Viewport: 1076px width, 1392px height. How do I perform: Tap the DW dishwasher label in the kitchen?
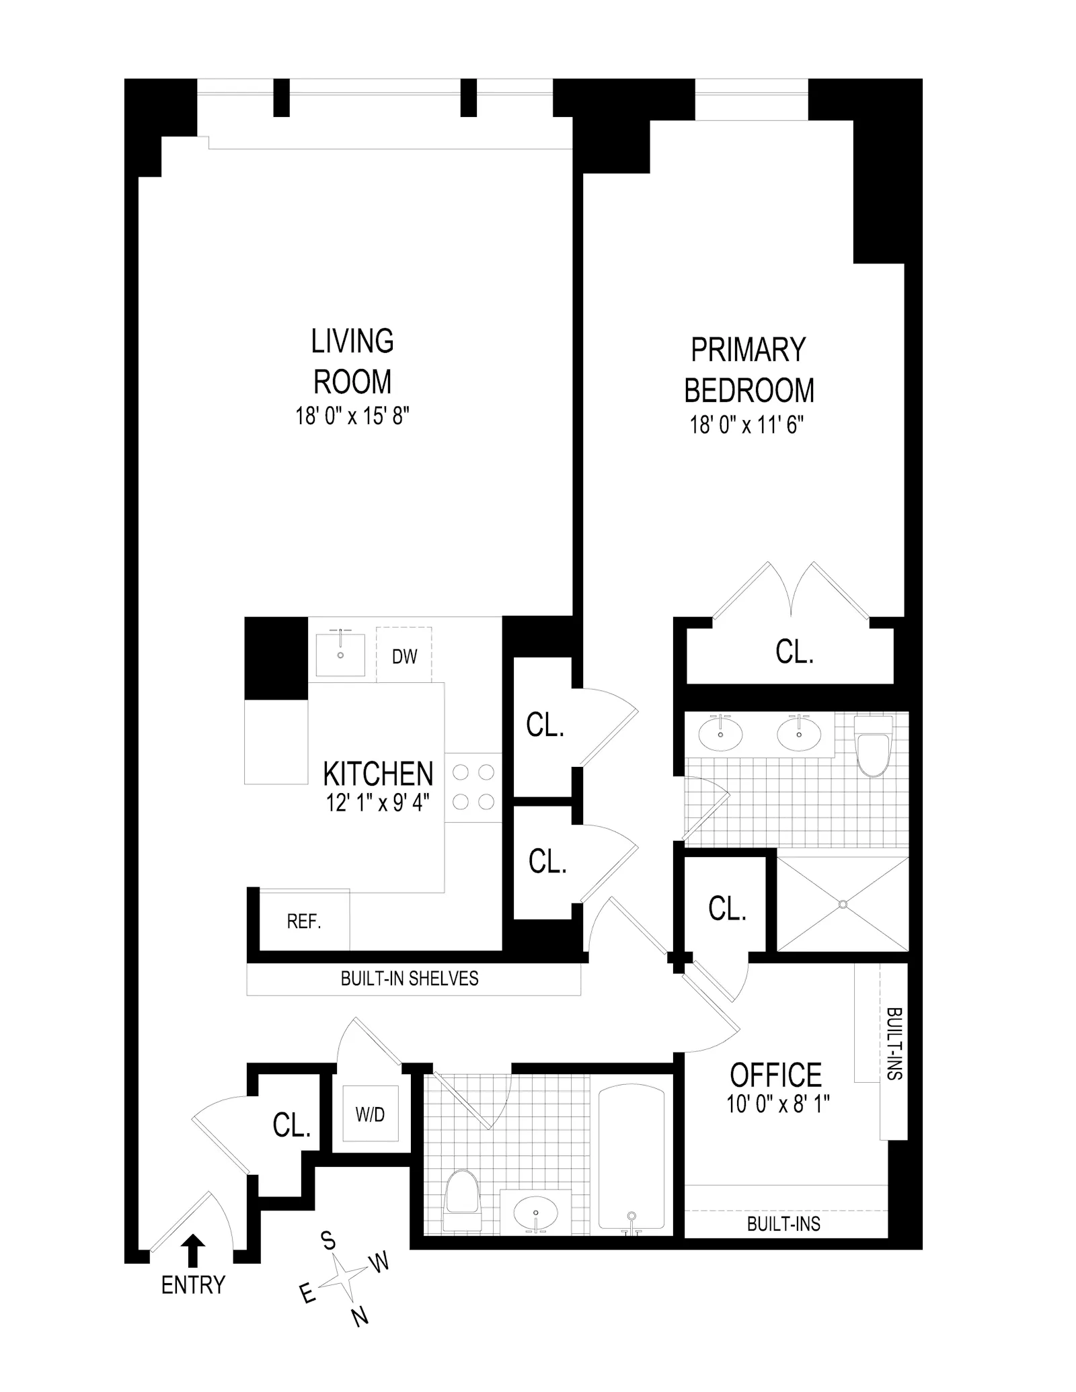pos(404,657)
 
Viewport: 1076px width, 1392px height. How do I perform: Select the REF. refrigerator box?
pos(304,921)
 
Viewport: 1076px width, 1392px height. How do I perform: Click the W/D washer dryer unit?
pos(370,1114)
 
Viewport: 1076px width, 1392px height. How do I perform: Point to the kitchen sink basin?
pos(340,654)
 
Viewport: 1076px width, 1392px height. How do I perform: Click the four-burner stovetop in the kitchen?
pos(473,787)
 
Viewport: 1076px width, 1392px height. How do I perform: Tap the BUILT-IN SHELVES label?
pos(410,979)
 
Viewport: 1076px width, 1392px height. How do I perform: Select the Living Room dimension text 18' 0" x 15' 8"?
pos(352,416)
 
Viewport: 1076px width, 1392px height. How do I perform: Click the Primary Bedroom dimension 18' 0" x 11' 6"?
pos(746,425)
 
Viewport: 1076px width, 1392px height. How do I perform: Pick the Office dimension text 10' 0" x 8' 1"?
pos(778,1104)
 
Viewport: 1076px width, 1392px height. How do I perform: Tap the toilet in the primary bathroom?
pos(872,747)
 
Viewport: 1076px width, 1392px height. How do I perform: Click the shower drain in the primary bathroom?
pos(843,905)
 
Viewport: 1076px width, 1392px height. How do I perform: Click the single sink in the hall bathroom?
pos(536,1214)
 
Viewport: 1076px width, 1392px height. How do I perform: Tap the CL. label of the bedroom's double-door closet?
pos(794,652)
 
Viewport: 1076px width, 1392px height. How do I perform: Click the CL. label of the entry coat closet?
pos(292,1125)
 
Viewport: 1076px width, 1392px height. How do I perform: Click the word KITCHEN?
pos(378,774)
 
